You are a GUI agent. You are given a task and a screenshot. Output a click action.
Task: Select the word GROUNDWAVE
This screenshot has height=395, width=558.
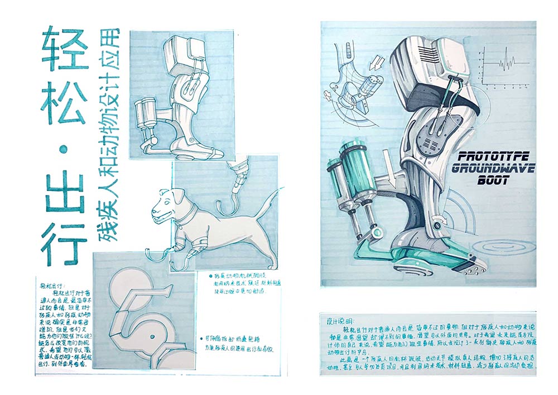click(492, 169)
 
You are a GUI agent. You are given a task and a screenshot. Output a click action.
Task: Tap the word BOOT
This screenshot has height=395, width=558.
click(492, 180)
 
